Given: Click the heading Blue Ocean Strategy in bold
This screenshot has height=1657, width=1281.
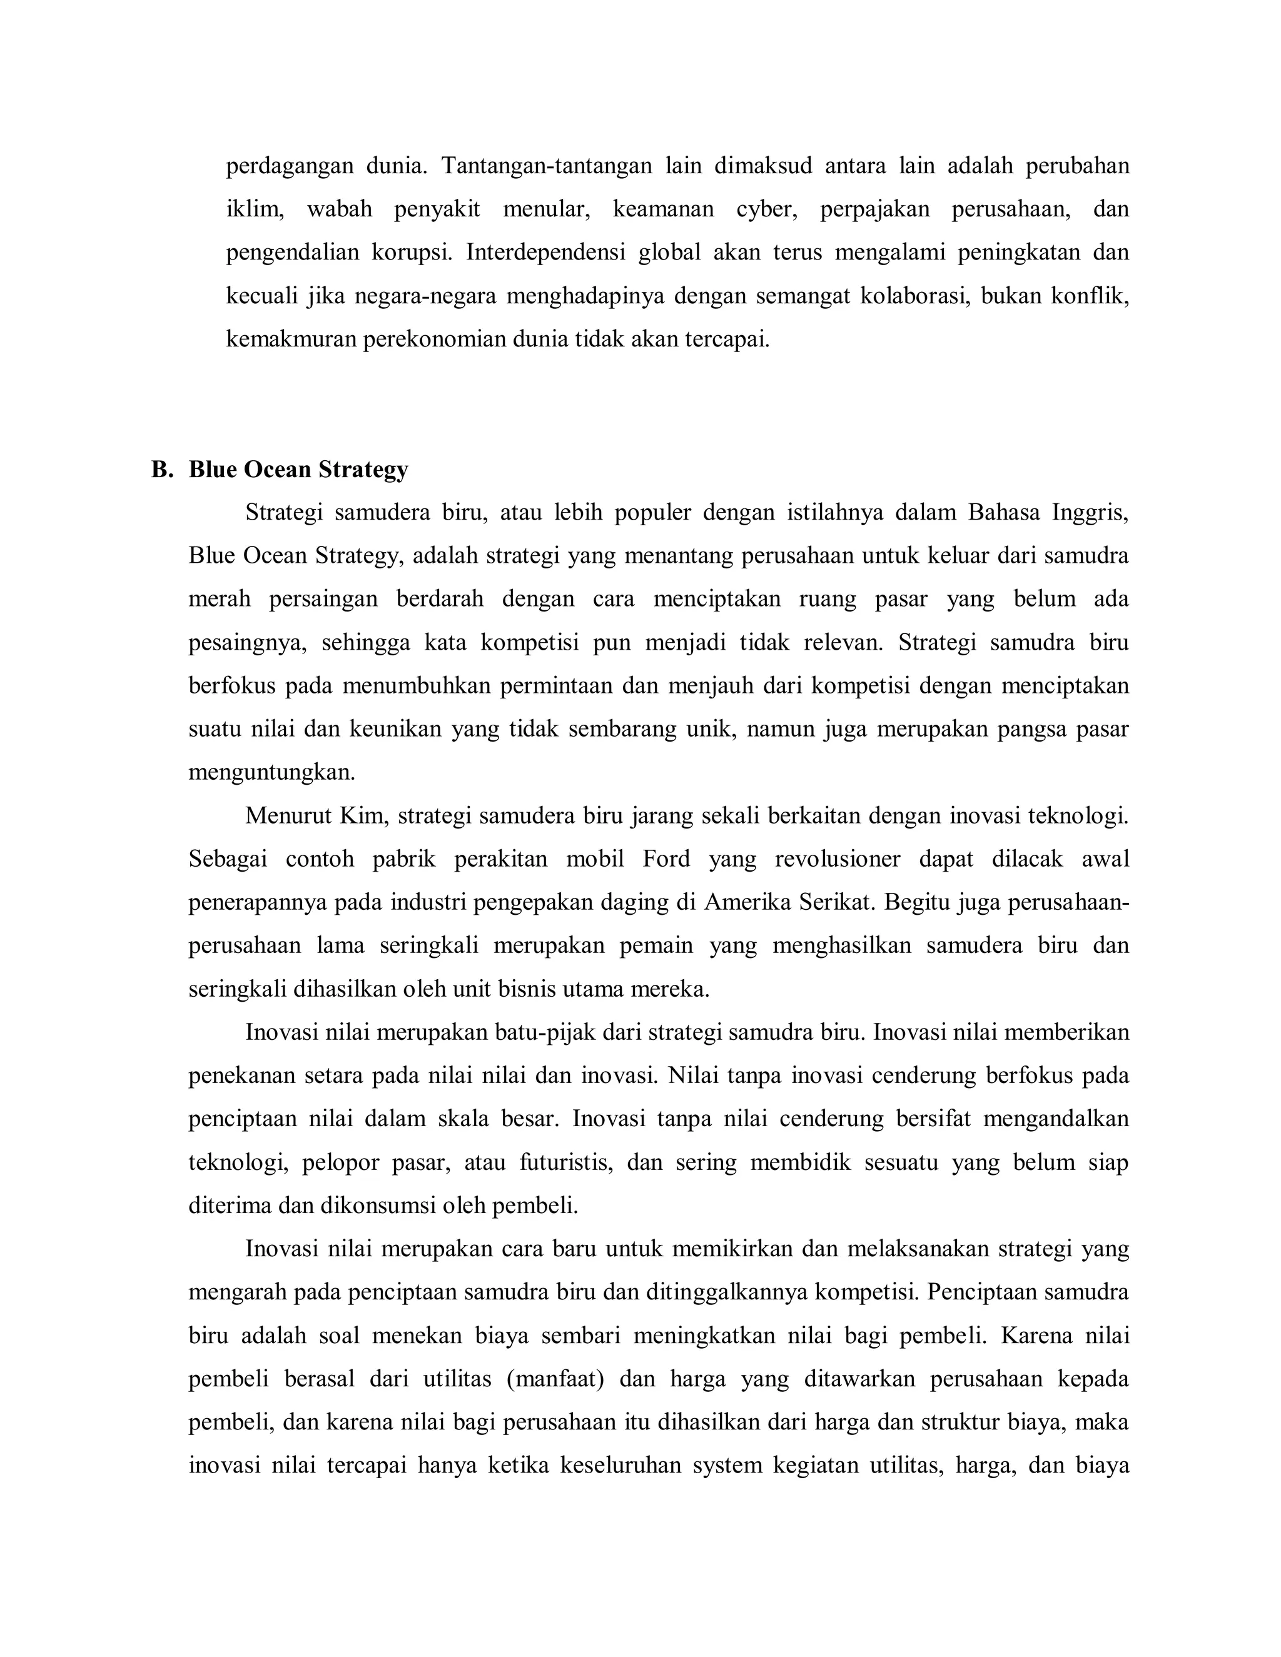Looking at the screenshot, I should tap(298, 470).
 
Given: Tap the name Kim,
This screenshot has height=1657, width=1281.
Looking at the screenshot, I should tap(364, 815).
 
